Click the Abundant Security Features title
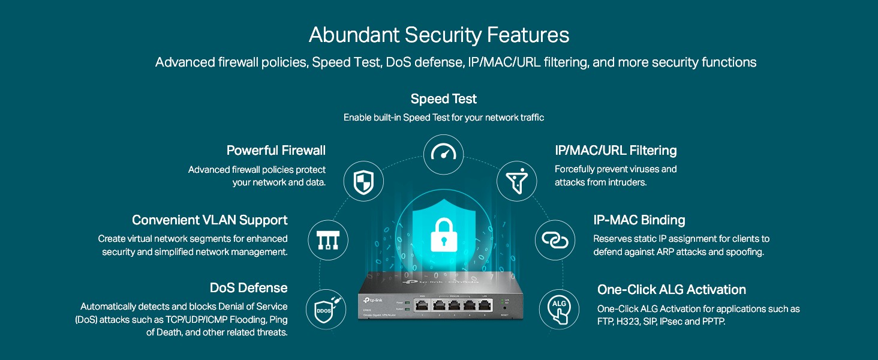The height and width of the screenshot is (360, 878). [439, 35]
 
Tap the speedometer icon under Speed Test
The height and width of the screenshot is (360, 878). [444, 154]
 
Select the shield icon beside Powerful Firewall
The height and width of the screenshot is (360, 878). [363, 181]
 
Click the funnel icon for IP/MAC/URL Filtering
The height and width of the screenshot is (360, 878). [517, 181]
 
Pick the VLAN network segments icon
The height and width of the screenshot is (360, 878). [328, 239]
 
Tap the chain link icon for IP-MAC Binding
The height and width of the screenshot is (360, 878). [555, 239]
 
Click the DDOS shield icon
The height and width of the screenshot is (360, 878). [326, 310]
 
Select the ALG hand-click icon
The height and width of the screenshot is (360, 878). [559, 310]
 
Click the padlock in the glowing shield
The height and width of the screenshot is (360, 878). [444, 234]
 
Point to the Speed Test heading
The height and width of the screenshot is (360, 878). [444, 99]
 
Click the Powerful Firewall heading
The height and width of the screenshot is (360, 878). [276, 150]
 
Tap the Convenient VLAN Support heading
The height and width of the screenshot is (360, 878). [210, 220]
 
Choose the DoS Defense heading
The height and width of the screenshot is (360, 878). [248, 288]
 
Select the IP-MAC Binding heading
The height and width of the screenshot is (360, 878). [639, 220]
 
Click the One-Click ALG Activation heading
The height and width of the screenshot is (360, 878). [672, 290]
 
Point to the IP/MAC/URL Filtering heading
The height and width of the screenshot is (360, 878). [615, 150]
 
